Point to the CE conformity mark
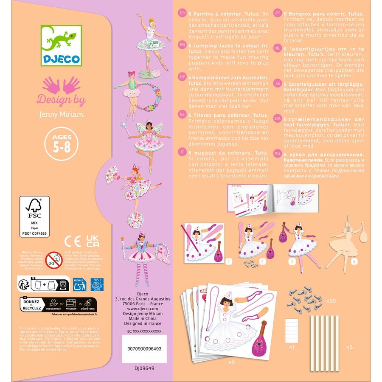(72, 242)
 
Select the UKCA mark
(91, 242)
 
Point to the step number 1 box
(229, 262)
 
